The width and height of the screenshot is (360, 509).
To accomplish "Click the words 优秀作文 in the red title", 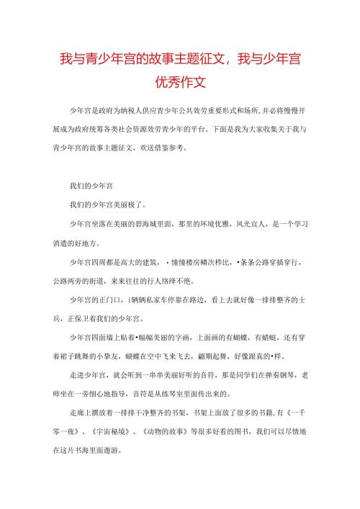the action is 179,82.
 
